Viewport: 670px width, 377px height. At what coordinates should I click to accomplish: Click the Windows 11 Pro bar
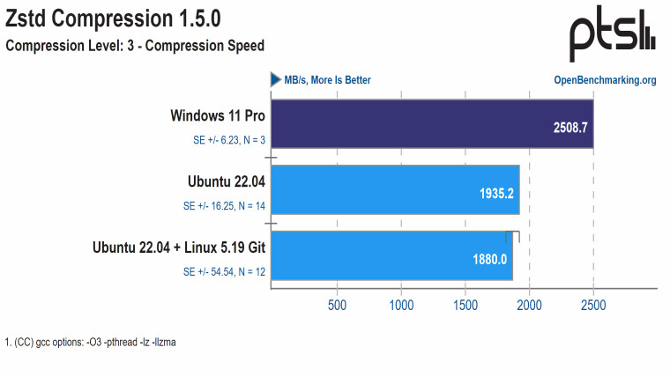(432, 127)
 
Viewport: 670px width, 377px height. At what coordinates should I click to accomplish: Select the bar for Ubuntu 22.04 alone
(395, 188)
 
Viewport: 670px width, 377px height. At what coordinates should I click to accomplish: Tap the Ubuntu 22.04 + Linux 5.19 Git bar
(391, 255)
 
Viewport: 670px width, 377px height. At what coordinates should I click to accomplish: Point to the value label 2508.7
(569, 127)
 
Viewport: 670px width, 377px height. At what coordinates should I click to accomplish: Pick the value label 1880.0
(488, 259)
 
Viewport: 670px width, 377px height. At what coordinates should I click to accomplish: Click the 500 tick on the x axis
(337, 305)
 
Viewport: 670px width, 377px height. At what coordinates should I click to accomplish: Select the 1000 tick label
(401, 305)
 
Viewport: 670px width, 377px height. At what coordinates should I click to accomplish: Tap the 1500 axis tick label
(465, 305)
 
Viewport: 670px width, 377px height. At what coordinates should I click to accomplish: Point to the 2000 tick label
(529, 305)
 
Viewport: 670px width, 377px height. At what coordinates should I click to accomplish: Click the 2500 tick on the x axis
(593, 305)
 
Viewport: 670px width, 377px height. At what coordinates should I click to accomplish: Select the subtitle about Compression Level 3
(135, 45)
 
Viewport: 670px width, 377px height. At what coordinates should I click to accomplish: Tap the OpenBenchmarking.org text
(605, 80)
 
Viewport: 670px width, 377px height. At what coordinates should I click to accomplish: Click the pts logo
(611, 36)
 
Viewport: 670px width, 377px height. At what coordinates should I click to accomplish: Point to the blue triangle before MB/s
(275, 79)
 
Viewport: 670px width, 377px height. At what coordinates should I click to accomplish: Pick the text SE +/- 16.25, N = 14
(224, 206)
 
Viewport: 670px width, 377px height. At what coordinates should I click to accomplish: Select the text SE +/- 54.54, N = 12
(224, 272)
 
